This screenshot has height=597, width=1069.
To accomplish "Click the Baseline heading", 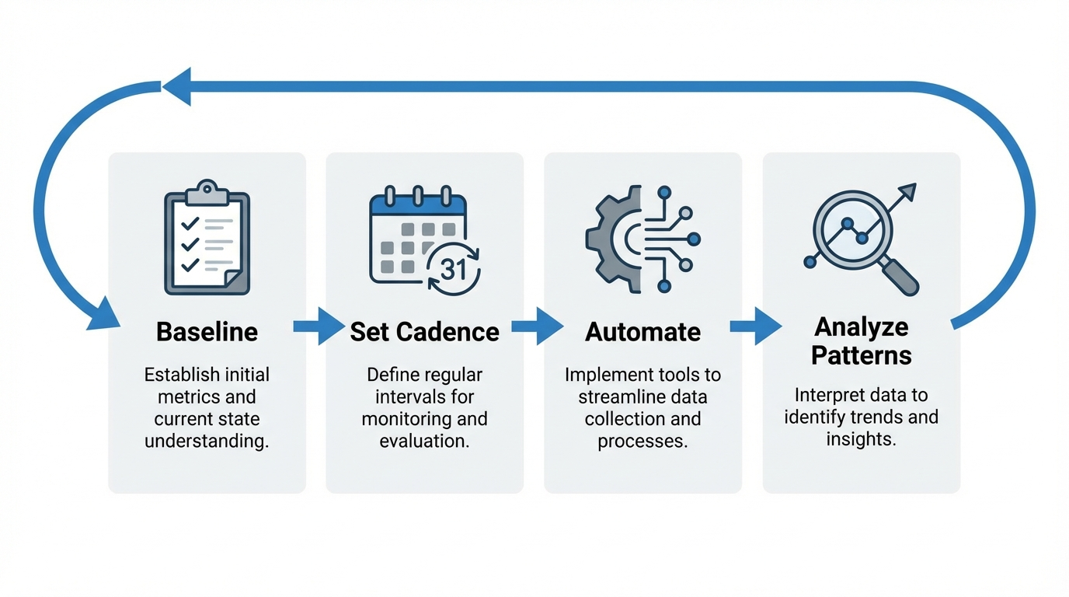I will [207, 332].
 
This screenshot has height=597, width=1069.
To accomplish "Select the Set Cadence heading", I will [424, 332].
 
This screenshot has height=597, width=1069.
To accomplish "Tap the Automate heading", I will [642, 332].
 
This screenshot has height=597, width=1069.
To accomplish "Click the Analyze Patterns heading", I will [861, 341].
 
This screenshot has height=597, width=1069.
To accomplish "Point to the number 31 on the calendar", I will [453, 269].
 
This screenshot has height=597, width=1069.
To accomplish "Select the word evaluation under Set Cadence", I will [424, 442].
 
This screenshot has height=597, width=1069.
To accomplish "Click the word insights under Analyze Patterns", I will [861, 439].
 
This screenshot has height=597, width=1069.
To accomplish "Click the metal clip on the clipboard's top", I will [207, 189].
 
